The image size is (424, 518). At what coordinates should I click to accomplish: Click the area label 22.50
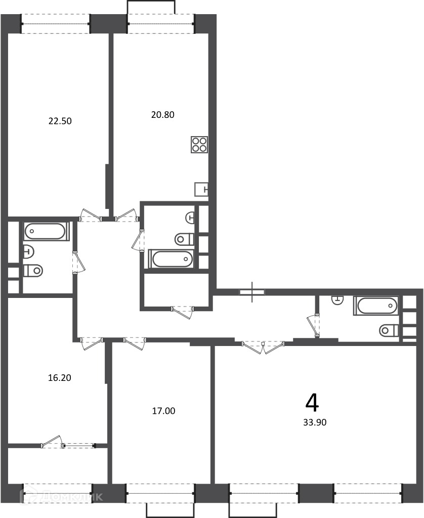click(60, 121)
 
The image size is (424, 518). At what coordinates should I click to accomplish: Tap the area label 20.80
click(162, 115)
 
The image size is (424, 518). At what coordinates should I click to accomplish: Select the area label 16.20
click(60, 377)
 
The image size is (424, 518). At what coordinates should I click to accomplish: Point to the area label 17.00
click(163, 411)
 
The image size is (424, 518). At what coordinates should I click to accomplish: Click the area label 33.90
click(315, 422)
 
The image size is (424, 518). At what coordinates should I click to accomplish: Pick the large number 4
click(312, 403)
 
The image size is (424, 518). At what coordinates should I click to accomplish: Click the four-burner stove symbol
click(200, 144)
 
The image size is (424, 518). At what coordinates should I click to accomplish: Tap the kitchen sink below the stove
click(201, 189)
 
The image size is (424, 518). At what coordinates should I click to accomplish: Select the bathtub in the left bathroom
click(45, 231)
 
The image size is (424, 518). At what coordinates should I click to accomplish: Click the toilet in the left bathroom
click(33, 271)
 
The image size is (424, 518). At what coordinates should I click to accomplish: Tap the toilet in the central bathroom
click(184, 239)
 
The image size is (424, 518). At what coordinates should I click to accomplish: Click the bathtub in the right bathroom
click(376, 306)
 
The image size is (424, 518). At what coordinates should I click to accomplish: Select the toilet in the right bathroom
click(389, 330)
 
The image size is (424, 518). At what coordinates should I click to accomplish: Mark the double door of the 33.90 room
click(263, 347)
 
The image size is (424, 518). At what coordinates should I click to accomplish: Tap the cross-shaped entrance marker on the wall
click(252, 292)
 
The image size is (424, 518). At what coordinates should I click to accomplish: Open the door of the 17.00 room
click(135, 343)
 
